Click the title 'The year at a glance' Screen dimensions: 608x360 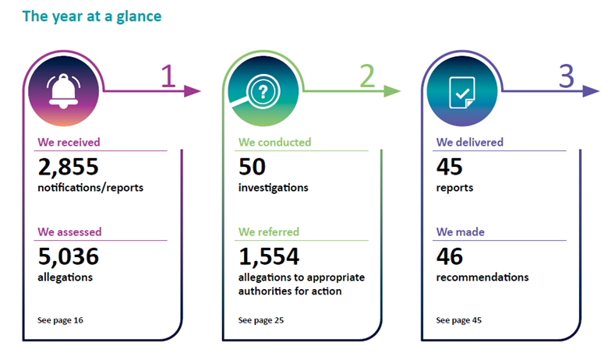pyautogui.click(x=92, y=16)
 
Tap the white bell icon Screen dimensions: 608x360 pyautogui.click(x=64, y=91)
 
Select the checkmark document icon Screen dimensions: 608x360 pyautogui.click(x=461, y=93)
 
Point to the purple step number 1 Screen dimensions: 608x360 pyautogui.click(x=168, y=76)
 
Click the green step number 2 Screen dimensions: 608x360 pyautogui.click(x=367, y=76)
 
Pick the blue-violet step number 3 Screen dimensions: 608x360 pyautogui.click(x=567, y=76)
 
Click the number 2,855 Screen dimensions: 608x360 pyautogui.click(x=69, y=167)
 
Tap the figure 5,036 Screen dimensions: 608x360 pyautogui.click(x=69, y=256)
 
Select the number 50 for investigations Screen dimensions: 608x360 pyautogui.click(x=252, y=167)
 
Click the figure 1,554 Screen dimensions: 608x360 pyautogui.click(x=269, y=256)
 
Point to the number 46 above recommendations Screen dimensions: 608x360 pyautogui.click(x=450, y=256)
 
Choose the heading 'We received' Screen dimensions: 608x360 pyautogui.click(x=69, y=143)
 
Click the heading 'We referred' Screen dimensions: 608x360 pyautogui.click(x=269, y=231)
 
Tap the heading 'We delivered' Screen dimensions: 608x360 pyautogui.click(x=469, y=143)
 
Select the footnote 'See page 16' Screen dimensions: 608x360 pyautogui.click(x=60, y=320)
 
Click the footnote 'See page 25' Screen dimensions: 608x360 pyautogui.click(x=261, y=320)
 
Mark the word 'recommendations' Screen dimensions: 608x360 pyautogui.click(x=483, y=277)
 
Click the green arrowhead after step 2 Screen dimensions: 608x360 pyautogui.click(x=391, y=91)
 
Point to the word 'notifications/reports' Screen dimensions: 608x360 pyautogui.click(x=90, y=188)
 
